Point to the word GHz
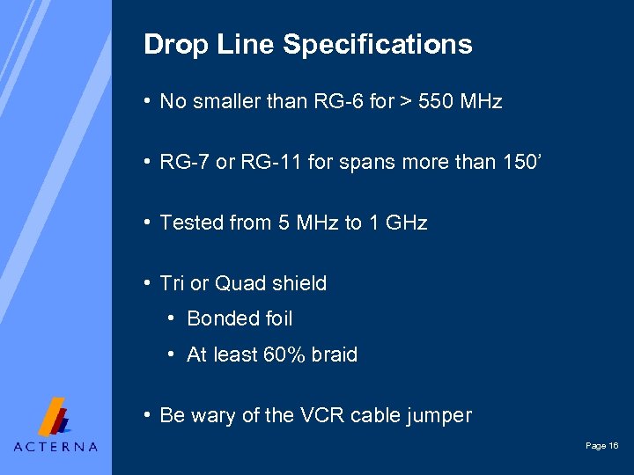pyautogui.click(x=406, y=223)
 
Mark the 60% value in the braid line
pyautogui.click(x=284, y=355)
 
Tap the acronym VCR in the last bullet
pyautogui.click(x=325, y=416)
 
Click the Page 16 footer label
pyautogui.click(x=601, y=447)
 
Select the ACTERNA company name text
pyautogui.click(x=55, y=447)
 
